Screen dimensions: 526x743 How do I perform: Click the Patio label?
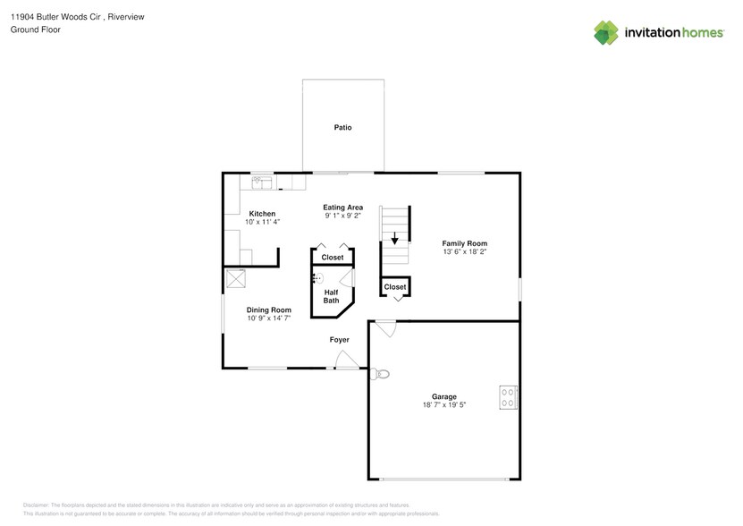342,128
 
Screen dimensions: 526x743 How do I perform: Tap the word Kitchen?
262,214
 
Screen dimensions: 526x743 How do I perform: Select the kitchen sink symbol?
262,183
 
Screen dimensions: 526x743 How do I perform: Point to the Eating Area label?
342,208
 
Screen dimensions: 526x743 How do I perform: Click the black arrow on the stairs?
394,239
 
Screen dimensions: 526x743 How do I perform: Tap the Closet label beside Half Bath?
333,258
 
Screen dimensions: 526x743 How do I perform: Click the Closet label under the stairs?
395,287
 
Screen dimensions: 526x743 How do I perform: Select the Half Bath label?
331,296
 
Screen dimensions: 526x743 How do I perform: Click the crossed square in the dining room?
236,279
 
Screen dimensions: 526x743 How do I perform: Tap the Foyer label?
339,340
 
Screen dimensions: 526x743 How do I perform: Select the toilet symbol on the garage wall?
379,375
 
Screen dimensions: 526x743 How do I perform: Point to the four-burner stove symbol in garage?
508,396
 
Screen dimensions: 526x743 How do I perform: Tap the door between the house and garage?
384,329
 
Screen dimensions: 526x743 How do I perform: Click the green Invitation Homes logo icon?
606,32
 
